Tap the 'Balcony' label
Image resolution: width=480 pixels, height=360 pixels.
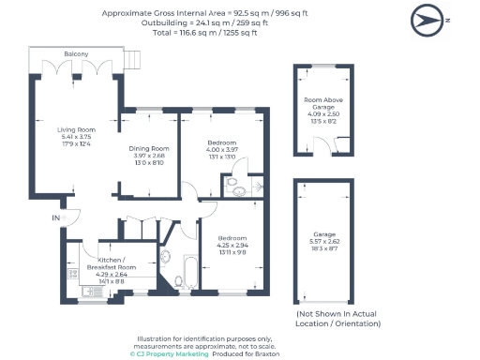77,55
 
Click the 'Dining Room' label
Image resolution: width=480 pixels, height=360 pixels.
148,148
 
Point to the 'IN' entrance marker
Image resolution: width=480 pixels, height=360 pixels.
55,217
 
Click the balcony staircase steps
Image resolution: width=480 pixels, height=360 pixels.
131,62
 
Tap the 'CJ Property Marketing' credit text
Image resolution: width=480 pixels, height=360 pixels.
168,353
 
